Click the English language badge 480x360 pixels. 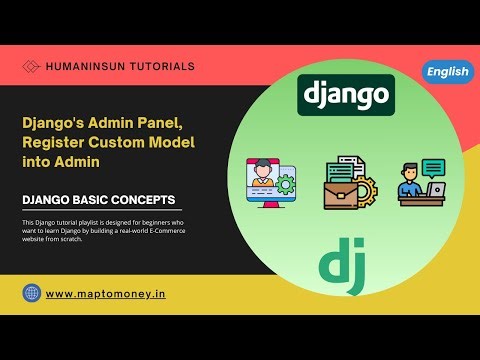(x=448, y=71)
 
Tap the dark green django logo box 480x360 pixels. (x=346, y=95)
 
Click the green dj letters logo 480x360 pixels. (x=343, y=262)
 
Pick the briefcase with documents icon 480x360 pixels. (x=348, y=183)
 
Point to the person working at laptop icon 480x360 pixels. (x=422, y=183)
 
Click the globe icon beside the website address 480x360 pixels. (x=32, y=293)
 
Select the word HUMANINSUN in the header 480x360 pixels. (x=85, y=66)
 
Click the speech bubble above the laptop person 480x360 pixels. (x=432, y=167)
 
